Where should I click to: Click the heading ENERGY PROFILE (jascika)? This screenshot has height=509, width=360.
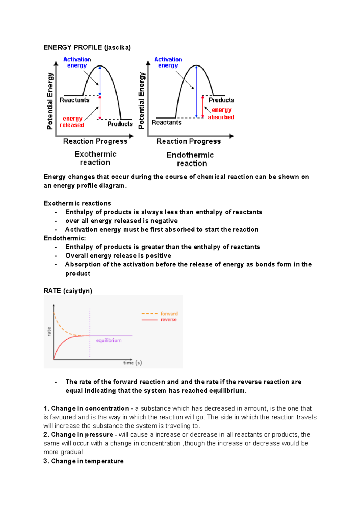click(x=87, y=47)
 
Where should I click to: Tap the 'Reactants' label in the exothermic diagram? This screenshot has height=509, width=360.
click(x=74, y=100)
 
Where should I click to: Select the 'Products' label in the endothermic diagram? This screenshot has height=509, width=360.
click(x=221, y=100)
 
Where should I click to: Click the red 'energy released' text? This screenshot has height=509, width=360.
click(x=72, y=122)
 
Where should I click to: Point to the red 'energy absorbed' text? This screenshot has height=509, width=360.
click(x=221, y=114)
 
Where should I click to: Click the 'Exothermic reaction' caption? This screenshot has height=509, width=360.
click(x=95, y=158)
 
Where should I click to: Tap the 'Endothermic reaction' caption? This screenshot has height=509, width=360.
click(x=190, y=159)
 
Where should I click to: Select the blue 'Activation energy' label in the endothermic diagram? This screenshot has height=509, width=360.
click(x=168, y=62)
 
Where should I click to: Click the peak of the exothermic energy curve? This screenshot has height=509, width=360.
click(x=100, y=66)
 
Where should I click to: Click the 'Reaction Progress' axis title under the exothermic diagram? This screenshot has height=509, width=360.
click(x=95, y=141)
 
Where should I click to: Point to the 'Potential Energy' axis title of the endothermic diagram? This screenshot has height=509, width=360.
click(x=141, y=100)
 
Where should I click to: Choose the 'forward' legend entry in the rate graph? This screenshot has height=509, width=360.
click(x=169, y=314)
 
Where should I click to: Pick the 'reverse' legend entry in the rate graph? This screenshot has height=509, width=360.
click(x=168, y=320)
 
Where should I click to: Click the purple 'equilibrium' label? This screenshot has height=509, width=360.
click(x=109, y=341)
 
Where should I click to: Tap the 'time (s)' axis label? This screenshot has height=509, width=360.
click(x=132, y=363)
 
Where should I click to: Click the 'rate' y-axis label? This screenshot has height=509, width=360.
click(x=49, y=332)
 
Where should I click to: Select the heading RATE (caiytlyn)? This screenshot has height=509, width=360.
click(x=68, y=291)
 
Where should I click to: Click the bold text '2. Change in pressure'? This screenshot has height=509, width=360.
click(x=78, y=435)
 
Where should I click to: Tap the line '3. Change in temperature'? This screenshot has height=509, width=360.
click(x=83, y=461)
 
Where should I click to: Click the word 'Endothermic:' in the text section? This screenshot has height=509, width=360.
click(x=64, y=238)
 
